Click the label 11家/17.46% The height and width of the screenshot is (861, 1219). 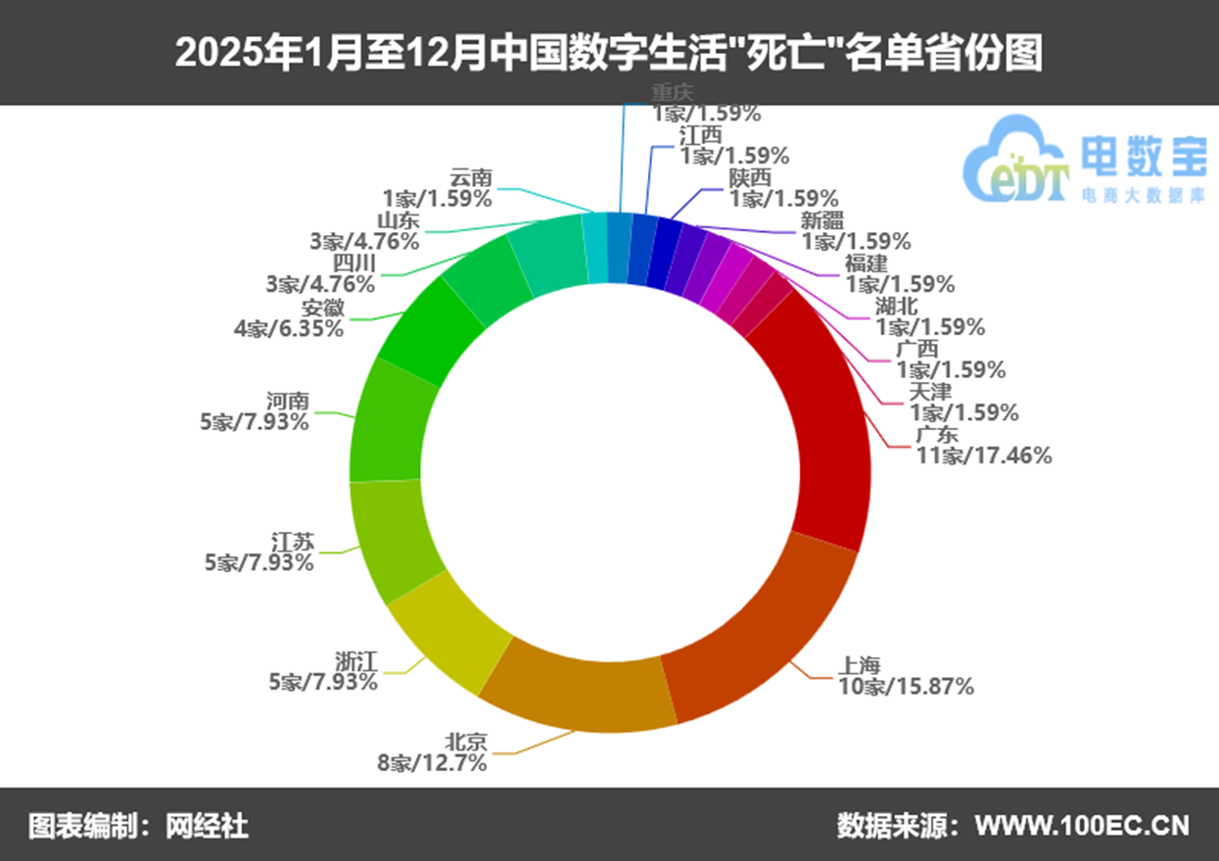tap(983, 454)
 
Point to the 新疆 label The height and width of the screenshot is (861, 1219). tap(821, 220)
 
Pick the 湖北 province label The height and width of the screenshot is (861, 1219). tap(897, 306)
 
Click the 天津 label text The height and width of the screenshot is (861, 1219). tap(930, 392)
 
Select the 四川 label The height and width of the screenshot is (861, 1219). tap(353, 263)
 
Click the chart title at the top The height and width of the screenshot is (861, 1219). tap(608, 53)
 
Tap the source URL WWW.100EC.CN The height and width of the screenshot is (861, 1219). tap(1082, 825)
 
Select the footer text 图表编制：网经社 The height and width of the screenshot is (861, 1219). tap(138, 825)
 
